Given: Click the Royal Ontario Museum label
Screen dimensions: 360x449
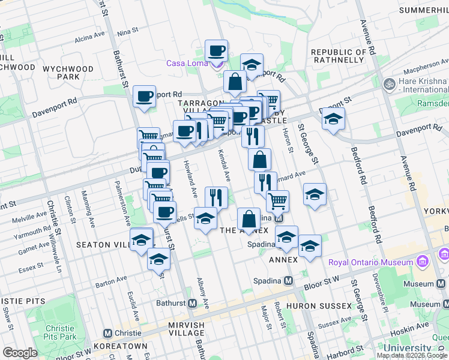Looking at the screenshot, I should [370, 262].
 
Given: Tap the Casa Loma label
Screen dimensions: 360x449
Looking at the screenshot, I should [187, 64].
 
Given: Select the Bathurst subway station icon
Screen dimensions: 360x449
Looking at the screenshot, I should [192, 303].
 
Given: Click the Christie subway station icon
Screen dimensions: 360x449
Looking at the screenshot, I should [108, 333].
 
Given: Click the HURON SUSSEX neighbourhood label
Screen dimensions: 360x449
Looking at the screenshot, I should [322, 306].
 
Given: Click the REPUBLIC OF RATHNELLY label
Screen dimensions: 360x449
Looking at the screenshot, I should [339, 56].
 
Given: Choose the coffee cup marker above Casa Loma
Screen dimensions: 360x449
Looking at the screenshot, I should [216, 51].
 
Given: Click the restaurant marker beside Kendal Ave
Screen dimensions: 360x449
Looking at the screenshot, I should [216, 197].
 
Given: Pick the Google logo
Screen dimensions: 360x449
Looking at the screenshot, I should [20, 353].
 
